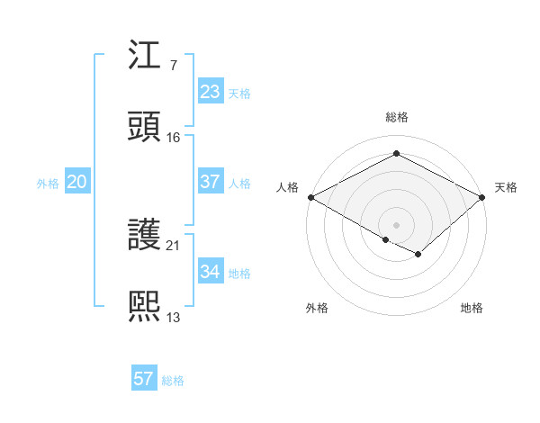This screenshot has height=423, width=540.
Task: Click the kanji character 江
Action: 144,56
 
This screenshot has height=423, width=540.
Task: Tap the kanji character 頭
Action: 144,126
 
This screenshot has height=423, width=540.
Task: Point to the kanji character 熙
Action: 144,306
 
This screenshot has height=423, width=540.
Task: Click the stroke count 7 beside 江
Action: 173,66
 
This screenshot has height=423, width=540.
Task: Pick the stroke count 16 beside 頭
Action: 174,137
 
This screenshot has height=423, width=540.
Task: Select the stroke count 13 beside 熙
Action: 174,317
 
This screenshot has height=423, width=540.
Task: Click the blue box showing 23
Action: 210,92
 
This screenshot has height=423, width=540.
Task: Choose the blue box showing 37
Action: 210,182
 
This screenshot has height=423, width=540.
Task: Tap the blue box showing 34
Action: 210,272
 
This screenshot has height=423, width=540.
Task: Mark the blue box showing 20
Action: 77,182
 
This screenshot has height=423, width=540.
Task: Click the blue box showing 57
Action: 144,379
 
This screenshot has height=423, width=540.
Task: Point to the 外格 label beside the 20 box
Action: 48,184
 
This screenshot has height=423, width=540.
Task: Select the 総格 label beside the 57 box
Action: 173,381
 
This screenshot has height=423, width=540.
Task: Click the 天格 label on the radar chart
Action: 507,187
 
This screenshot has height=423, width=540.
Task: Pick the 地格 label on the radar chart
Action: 472,309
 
